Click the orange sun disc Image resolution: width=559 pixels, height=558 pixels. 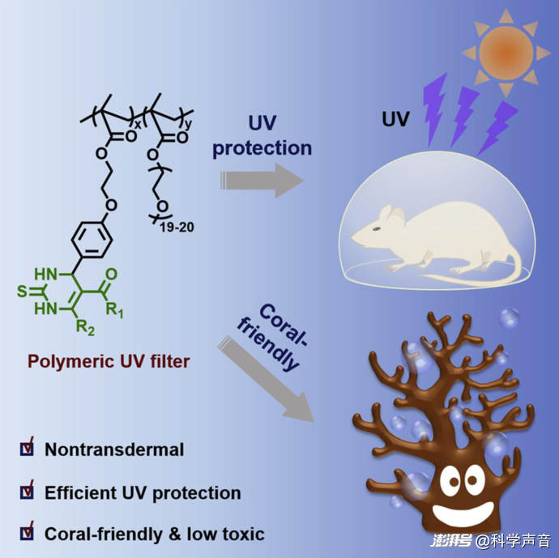506,53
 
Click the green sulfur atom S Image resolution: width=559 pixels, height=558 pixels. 22,292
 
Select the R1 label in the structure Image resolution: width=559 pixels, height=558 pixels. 115,309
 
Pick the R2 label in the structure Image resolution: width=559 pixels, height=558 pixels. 86,327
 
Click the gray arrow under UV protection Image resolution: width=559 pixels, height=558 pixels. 262,181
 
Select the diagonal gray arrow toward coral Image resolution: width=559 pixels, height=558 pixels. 266,380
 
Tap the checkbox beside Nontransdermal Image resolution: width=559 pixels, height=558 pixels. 27,449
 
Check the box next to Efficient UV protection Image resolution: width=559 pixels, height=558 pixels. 27,492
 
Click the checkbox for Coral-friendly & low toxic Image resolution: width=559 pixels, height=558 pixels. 27,533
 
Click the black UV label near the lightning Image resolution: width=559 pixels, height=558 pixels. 395,119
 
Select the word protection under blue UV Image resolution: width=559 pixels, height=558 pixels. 262,148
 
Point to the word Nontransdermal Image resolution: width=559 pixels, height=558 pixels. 114,449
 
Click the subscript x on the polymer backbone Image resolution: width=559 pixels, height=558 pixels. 138,124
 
